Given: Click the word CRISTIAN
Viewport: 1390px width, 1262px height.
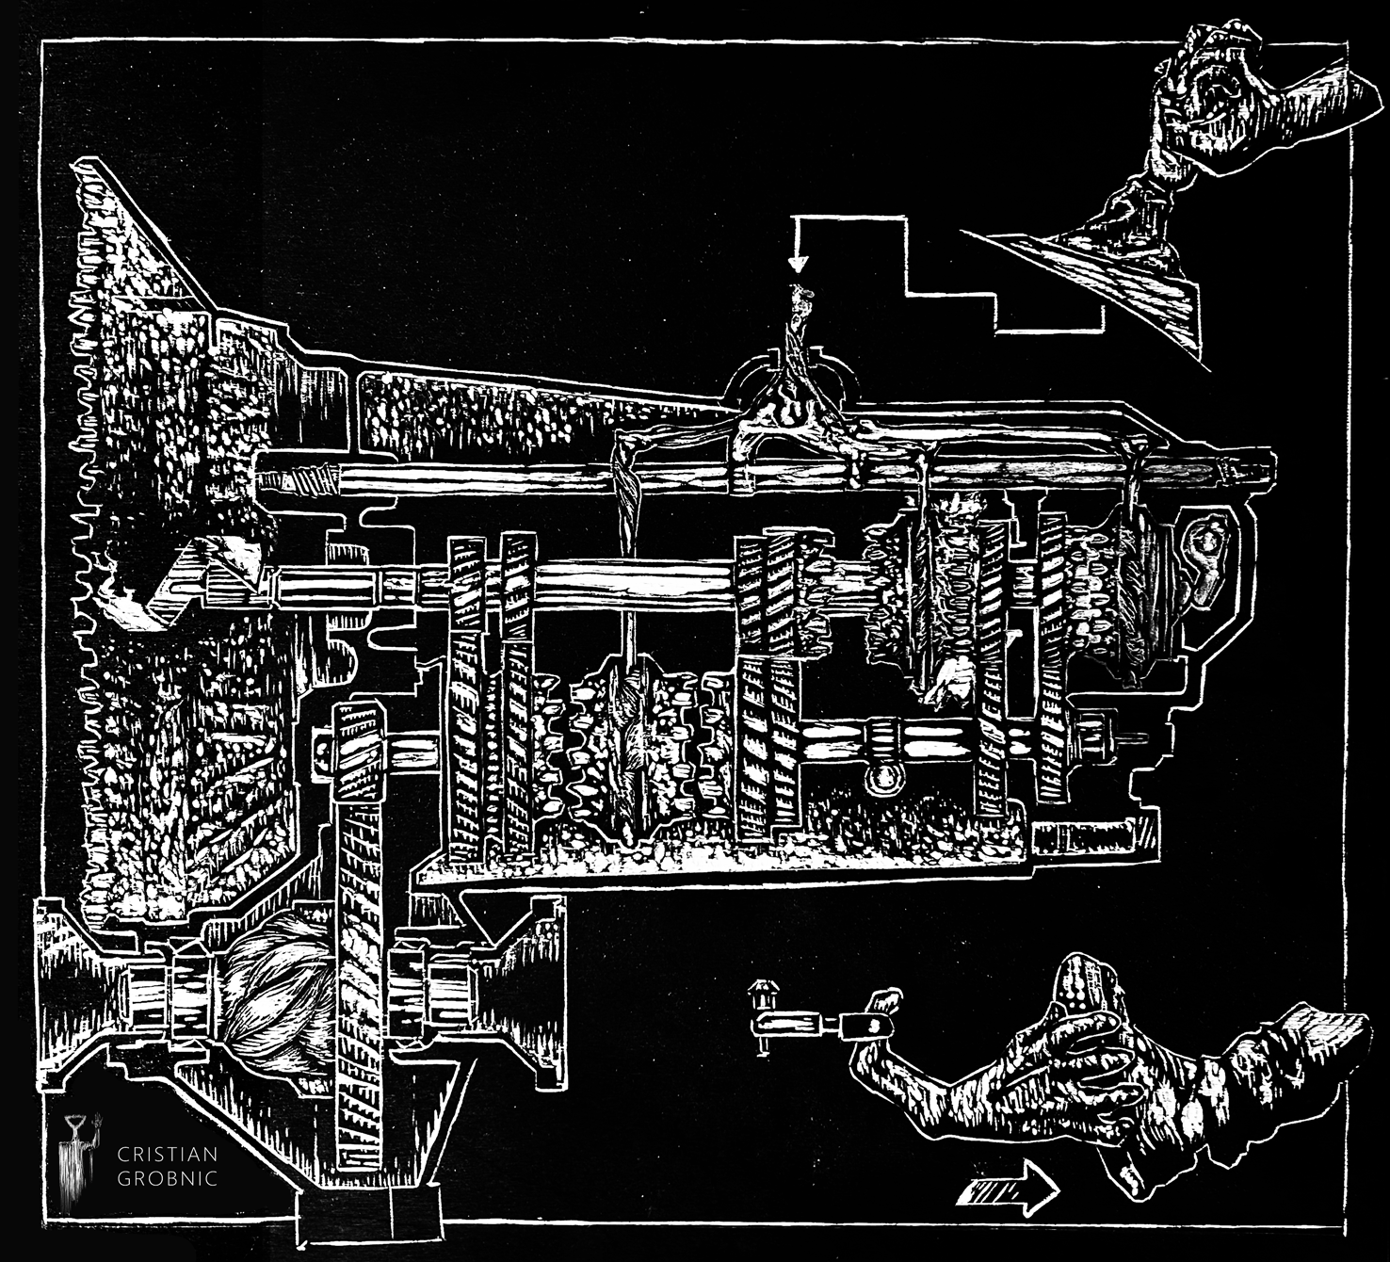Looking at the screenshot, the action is pyautogui.click(x=167, y=1154).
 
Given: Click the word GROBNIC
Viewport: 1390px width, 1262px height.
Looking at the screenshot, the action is pyautogui.click(x=167, y=1178).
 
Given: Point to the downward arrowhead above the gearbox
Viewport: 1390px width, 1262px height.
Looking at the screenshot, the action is pyautogui.click(x=799, y=264).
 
